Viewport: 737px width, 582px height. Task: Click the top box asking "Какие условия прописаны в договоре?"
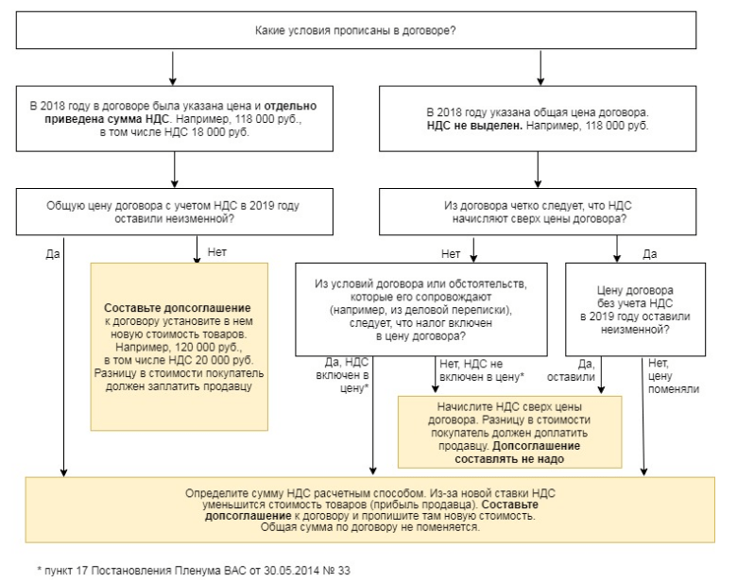pos(356,30)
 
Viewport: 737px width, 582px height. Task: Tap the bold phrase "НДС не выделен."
pos(474,126)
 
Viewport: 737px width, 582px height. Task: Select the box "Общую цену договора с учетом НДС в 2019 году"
pos(175,212)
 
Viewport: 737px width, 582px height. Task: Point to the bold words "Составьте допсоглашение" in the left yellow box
pos(178,308)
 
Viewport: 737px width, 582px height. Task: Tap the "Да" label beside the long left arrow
pos(53,254)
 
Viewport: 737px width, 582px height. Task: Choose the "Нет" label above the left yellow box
pos(216,252)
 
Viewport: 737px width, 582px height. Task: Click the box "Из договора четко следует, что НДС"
pos(538,212)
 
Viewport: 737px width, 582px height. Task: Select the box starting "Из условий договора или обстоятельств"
pos(421,309)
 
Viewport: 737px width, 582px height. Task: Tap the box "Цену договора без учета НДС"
pos(635,309)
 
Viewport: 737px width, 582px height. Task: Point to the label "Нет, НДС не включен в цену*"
pos(482,370)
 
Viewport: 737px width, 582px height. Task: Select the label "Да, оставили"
pos(571,370)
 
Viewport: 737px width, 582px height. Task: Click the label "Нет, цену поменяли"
pos(674,376)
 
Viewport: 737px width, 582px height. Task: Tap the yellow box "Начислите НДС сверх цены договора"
pos(509,432)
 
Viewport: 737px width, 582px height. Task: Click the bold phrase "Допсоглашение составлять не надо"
pos(517,453)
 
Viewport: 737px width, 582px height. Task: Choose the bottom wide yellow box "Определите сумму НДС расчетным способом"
pos(369,510)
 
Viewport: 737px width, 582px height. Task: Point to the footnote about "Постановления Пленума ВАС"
pos(194,571)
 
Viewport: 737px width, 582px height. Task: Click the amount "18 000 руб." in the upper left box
pos(220,132)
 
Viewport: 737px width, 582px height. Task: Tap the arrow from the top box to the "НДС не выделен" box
pos(540,68)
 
